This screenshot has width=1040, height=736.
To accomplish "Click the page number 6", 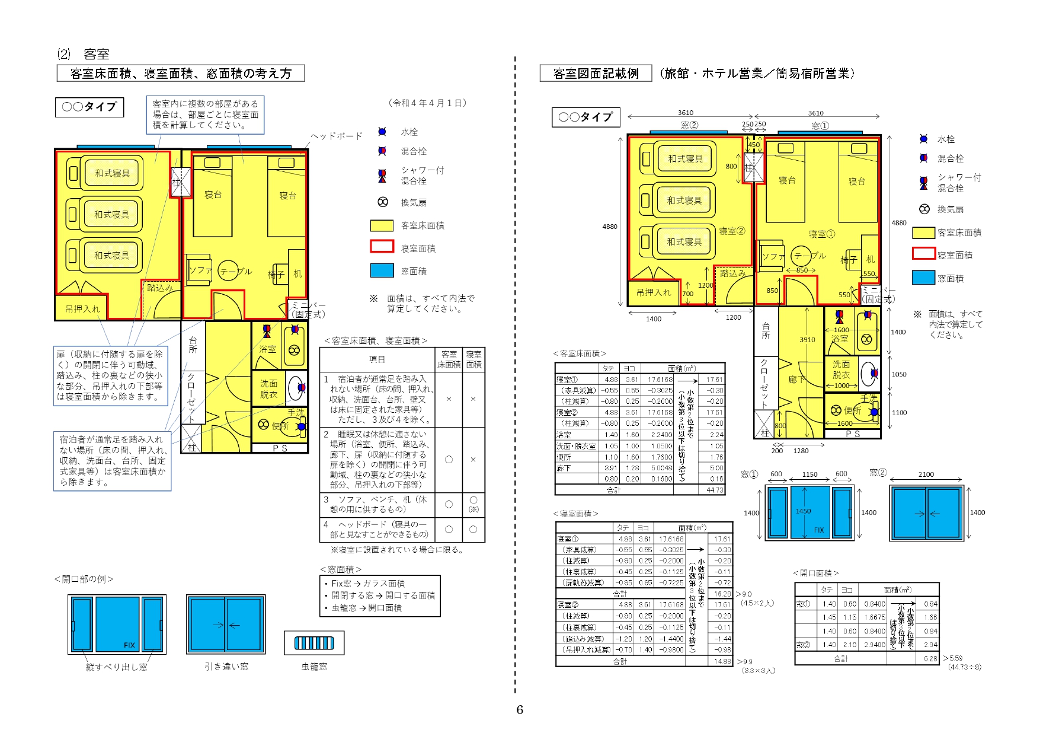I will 520,709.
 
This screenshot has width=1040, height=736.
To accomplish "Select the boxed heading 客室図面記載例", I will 596,74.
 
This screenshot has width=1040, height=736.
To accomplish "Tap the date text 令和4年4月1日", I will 428,103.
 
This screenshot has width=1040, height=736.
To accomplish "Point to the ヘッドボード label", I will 337,136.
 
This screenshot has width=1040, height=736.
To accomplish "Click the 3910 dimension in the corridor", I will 807,340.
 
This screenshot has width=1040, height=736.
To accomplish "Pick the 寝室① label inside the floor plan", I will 821,234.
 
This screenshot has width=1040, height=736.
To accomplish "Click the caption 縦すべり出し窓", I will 117,667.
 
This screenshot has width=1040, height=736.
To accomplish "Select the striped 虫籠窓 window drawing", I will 314,643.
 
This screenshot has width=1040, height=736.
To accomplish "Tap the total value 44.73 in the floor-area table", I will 715,490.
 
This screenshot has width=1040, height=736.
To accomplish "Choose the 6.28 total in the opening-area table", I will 930,658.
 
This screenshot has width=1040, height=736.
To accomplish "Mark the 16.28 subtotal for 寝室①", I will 722,593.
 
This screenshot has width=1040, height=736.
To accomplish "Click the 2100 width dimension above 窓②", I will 926,474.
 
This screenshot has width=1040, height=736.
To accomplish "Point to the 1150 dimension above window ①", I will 809,474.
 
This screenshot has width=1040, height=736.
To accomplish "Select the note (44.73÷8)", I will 964,667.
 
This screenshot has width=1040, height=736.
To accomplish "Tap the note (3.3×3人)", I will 758,670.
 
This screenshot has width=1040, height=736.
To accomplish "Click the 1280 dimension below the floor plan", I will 801,451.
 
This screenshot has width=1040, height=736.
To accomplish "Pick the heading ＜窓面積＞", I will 341,569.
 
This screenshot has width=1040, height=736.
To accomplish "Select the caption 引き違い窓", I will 226,667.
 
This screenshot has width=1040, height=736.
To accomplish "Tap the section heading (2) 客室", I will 84,55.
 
